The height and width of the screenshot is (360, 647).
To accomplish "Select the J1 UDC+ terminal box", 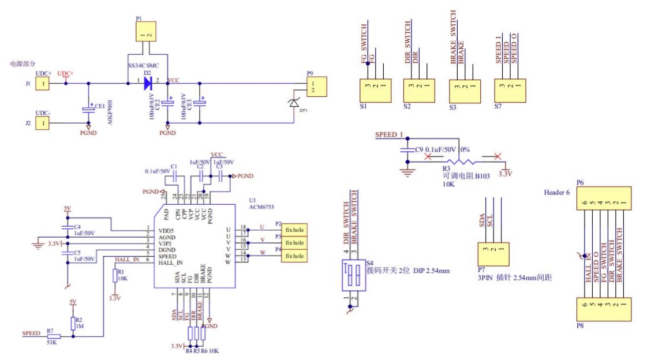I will click(x=42, y=84).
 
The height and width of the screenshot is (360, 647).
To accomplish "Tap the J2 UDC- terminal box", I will click(x=42, y=123).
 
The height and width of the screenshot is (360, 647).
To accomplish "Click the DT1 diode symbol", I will click(x=293, y=103).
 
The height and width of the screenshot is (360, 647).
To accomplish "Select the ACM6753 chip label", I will click(x=260, y=205).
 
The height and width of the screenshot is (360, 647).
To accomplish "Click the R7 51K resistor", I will click(x=54, y=336).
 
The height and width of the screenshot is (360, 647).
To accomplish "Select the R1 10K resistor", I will click(x=114, y=276).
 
